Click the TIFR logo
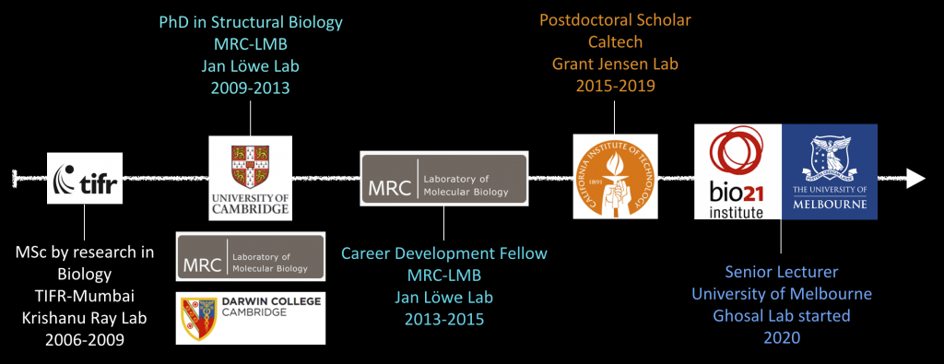tap(86, 178)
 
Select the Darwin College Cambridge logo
tap(251, 318)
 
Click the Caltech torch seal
tap(614, 176)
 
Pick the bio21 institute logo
tap(737, 171)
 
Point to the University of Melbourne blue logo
tap(830, 171)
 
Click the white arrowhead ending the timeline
tap(916, 178)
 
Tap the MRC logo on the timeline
tap(443, 179)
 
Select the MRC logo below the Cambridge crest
tap(251, 256)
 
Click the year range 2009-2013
tap(251, 88)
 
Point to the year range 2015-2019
tap(615, 86)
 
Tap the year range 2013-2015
tap(444, 318)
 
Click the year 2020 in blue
tap(782, 337)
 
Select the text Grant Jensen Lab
tap(615, 65)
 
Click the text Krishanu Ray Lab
tap(85, 318)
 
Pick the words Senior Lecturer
tap(782, 272)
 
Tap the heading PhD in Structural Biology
tap(251, 23)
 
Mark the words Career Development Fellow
tap(444, 252)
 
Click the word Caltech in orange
tap(615, 42)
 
